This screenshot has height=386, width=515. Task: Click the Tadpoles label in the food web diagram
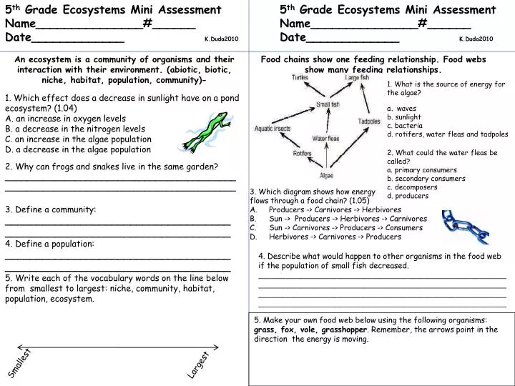pos(369,122)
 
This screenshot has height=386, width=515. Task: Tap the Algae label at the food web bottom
pos(326,174)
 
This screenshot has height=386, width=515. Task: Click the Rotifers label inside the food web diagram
pos(302,152)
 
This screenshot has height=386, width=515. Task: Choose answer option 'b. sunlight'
pos(403,117)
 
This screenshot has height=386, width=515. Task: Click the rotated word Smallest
pos(19,364)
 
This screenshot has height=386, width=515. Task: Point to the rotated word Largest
pos(198,365)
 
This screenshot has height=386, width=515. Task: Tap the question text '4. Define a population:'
pos(49,244)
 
